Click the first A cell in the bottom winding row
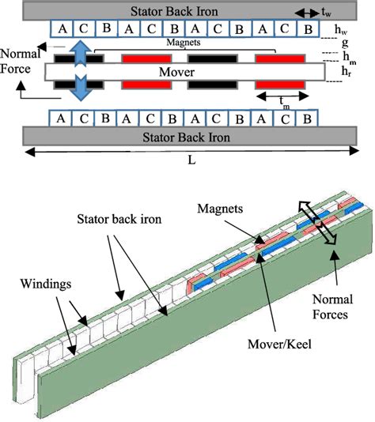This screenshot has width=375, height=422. [x=60, y=119]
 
